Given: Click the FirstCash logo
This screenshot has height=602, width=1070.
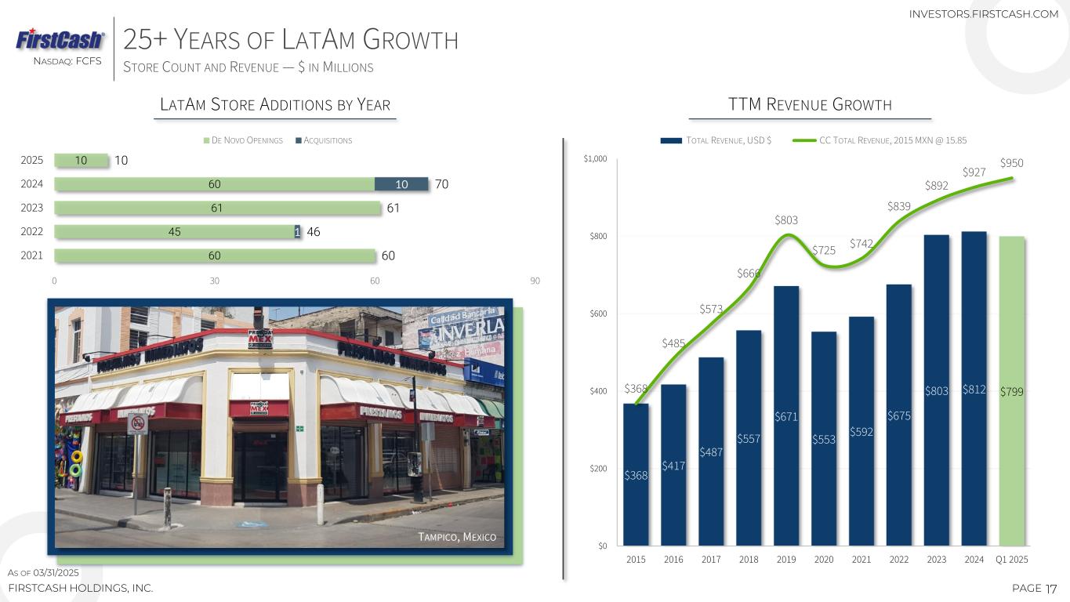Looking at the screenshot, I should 60,39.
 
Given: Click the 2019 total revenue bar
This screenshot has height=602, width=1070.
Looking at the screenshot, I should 786,415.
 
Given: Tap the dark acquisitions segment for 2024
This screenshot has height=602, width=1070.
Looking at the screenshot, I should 401,184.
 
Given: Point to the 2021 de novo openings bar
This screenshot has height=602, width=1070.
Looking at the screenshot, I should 215,256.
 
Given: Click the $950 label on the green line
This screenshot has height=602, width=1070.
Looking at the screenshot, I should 1012,163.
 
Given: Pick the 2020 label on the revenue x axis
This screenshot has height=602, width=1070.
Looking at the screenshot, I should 824,560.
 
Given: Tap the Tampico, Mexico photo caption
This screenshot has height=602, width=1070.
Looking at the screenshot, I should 458,537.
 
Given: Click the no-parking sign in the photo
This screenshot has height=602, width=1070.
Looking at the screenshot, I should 138,424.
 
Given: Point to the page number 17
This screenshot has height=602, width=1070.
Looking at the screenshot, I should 1051,588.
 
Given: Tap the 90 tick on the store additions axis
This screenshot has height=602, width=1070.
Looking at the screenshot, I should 535,281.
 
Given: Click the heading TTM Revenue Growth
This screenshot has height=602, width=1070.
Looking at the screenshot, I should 810,105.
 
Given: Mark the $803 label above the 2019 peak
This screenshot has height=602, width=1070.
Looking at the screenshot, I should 786,220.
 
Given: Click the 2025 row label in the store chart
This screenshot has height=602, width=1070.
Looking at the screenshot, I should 31,161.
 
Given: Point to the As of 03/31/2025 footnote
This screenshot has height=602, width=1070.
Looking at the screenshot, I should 44,573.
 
